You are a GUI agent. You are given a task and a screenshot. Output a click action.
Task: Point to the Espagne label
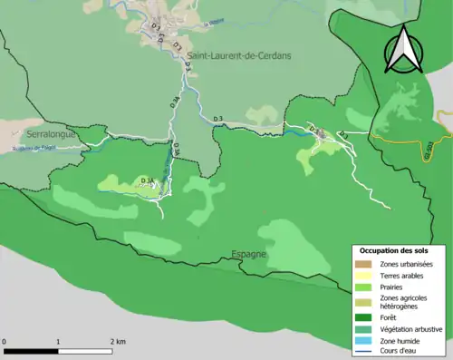248,254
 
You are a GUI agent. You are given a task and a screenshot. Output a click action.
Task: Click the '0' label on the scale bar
5,342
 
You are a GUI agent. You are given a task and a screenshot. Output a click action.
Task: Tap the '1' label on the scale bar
59,342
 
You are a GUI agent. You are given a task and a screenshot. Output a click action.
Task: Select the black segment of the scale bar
32,351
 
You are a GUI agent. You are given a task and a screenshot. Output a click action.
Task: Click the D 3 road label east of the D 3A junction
217,120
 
